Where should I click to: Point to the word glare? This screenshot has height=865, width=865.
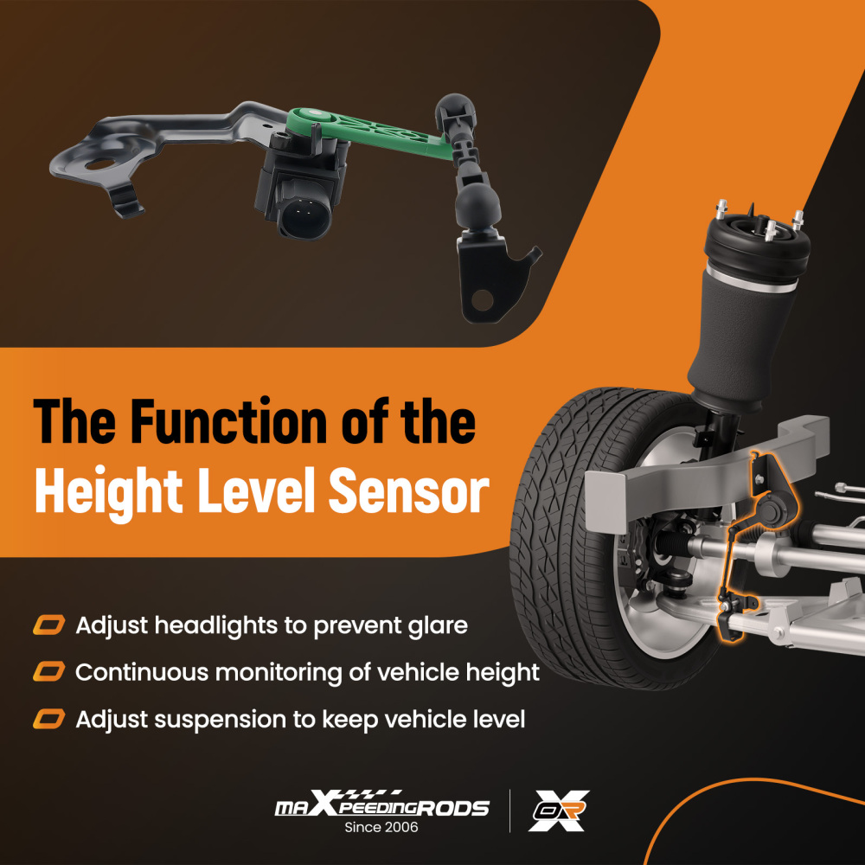(434, 625)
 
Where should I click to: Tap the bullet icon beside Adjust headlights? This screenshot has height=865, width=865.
(49, 625)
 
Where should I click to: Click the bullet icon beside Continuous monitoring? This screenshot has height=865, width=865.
(49, 672)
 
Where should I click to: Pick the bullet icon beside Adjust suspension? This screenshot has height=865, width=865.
(49, 719)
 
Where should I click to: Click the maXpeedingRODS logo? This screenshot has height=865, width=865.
(381, 807)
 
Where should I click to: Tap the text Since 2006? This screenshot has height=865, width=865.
(381, 828)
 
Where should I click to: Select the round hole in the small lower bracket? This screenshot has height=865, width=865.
(483, 300)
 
